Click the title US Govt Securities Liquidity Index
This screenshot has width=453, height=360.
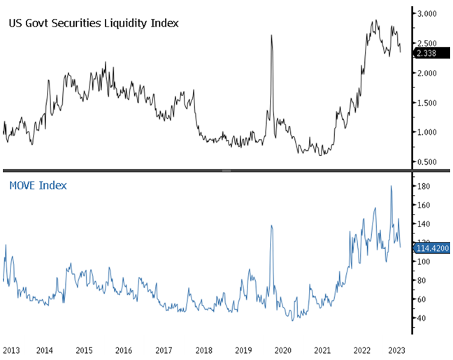coord(93,23)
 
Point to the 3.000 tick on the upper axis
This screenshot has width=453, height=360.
coord(427,13)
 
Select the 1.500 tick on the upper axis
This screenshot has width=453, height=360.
coord(427,103)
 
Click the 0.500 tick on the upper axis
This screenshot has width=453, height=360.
coord(427,162)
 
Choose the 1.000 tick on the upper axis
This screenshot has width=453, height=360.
coord(427,132)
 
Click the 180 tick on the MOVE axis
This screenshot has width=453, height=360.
coord(422,186)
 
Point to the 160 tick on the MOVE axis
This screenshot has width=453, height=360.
coord(422,205)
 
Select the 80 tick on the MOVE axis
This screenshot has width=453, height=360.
coord(421,280)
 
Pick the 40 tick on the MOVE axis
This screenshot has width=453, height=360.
coord(421,318)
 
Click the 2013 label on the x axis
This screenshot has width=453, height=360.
coord(11,349)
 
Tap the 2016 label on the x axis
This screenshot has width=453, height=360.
coord(123,349)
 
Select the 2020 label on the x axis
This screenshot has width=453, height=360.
coord(283,349)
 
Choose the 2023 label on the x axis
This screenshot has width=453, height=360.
coord(396,349)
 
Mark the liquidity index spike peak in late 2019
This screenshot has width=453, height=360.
coord(271,35)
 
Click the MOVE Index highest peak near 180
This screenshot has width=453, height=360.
coord(391,186)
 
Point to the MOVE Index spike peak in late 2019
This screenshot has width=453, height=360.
coord(271,226)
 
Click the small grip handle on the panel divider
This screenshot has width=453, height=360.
coord(226,171)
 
